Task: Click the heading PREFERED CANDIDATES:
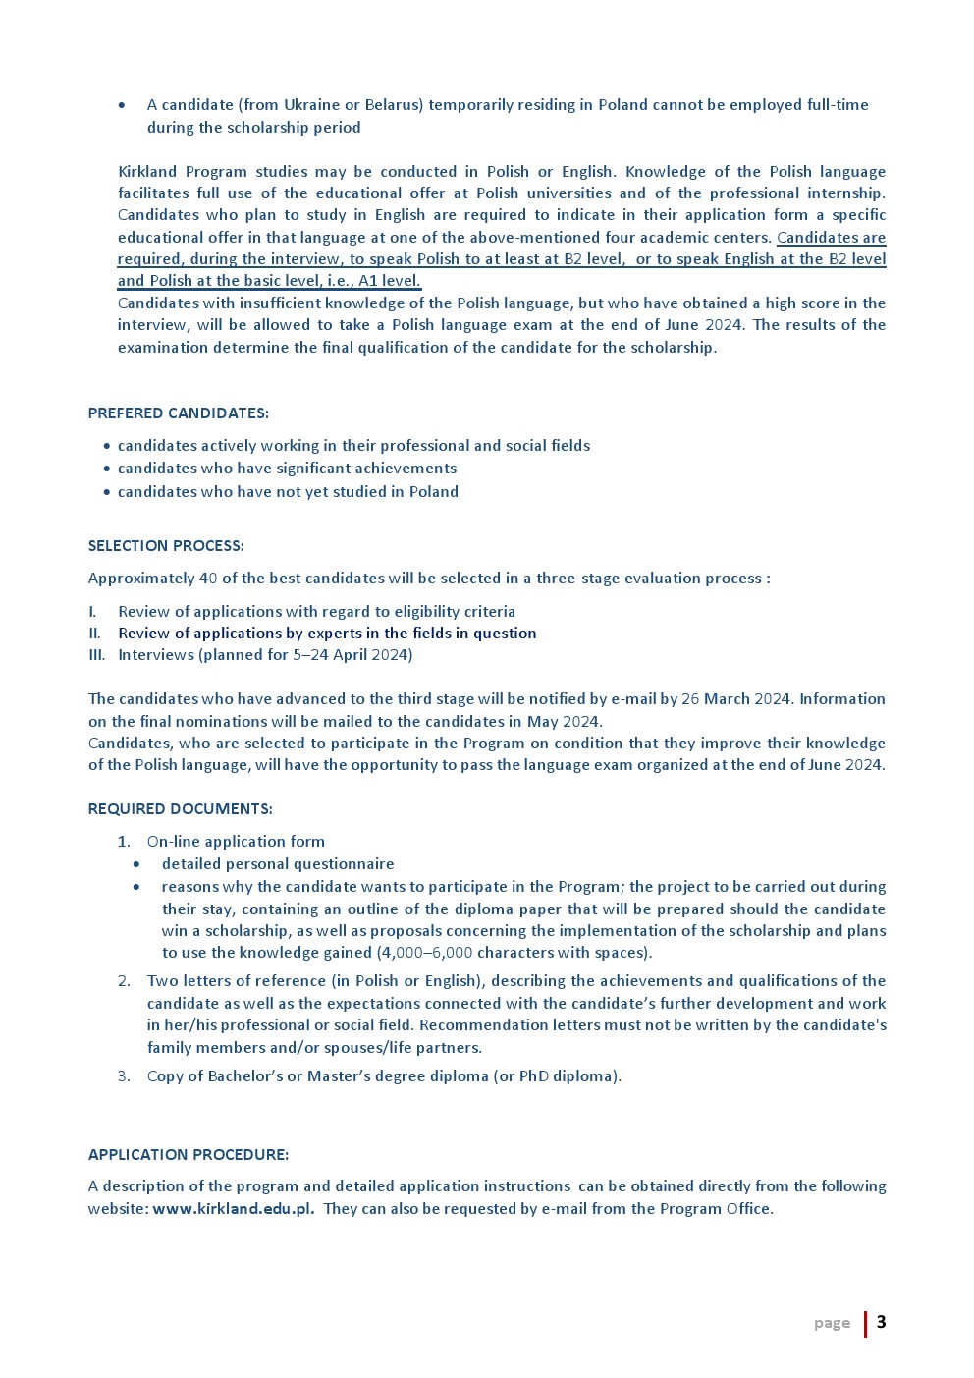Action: click(x=178, y=413)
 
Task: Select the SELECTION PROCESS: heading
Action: click(x=166, y=546)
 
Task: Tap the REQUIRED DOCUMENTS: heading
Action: click(x=180, y=809)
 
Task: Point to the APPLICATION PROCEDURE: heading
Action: click(x=189, y=1155)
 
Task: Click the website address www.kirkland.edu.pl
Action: click(x=234, y=1209)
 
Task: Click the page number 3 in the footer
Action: click(x=881, y=1322)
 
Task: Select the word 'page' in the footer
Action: click(x=832, y=1323)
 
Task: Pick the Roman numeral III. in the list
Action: click(x=96, y=655)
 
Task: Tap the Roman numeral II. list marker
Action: click(x=94, y=634)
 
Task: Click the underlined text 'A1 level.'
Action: click(x=390, y=281)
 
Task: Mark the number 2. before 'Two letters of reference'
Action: click(x=124, y=981)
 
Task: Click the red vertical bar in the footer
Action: click(x=865, y=1324)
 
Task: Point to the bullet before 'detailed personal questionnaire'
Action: click(x=136, y=864)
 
